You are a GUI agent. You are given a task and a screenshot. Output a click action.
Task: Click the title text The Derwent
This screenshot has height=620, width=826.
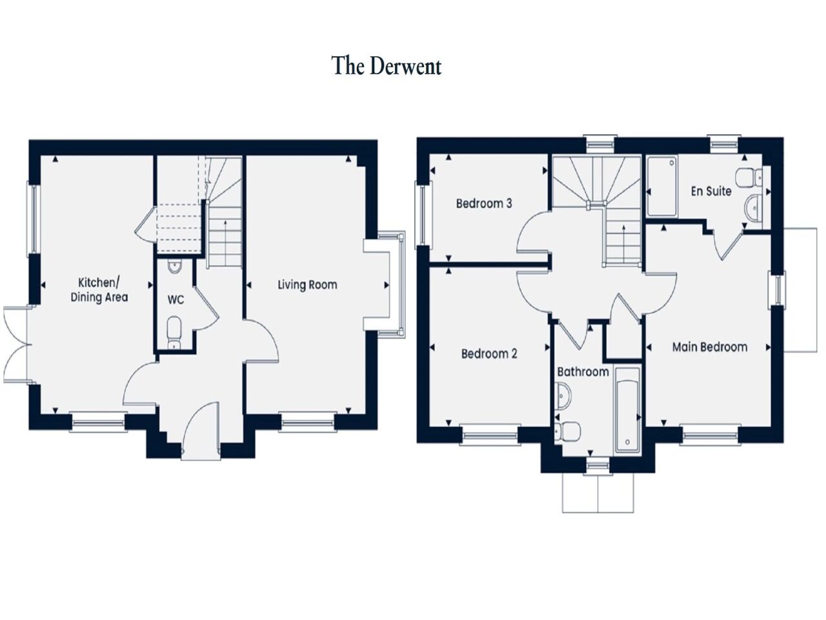pyautogui.click(x=387, y=66)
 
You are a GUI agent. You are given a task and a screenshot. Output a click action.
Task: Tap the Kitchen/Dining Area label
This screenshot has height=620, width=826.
pyautogui.click(x=99, y=290)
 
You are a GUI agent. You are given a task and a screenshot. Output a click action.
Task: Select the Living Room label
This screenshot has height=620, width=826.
pyautogui.click(x=307, y=284)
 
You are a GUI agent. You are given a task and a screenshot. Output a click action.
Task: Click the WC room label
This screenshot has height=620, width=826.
pyautogui.click(x=176, y=300)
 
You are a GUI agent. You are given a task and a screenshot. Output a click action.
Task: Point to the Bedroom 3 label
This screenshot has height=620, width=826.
pyautogui.click(x=484, y=203)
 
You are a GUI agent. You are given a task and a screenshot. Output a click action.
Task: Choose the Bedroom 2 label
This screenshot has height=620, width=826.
pyautogui.click(x=489, y=354)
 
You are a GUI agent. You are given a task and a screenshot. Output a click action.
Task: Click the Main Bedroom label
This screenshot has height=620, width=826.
pyautogui.click(x=710, y=347)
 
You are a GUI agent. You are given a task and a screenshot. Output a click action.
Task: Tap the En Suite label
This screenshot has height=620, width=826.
pyautogui.click(x=711, y=191)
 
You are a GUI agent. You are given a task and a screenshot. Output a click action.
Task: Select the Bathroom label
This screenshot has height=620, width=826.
pyautogui.click(x=583, y=372)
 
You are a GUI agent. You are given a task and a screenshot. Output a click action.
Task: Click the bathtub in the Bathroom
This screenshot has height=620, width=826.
pyautogui.click(x=627, y=409)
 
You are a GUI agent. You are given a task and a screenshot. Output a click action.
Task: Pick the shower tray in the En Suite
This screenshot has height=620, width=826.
pyautogui.click(x=662, y=186)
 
